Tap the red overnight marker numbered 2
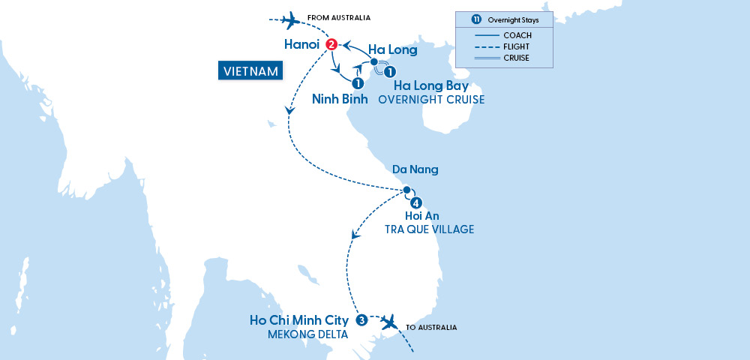(331, 45)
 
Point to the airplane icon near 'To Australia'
(388, 322)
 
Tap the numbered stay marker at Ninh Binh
(358, 82)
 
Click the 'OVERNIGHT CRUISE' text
(432, 100)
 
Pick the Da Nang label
(413, 170)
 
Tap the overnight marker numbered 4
(415, 202)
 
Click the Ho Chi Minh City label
(299, 320)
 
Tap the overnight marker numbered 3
(361, 320)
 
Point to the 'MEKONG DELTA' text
(308, 334)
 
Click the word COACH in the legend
(518, 35)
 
